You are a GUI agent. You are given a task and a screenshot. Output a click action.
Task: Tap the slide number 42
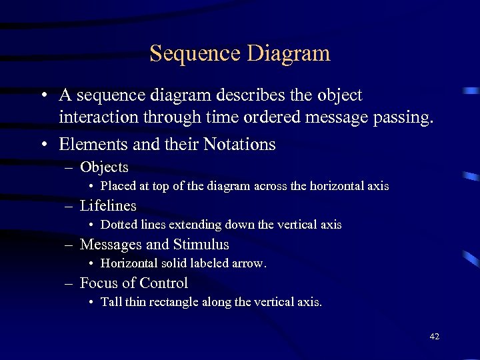tap(434, 337)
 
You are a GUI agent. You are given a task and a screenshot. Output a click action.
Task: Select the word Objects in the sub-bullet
tap(104, 167)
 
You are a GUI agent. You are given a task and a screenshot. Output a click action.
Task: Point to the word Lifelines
tap(108, 206)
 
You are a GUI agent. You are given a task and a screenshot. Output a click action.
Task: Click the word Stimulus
tap(201, 245)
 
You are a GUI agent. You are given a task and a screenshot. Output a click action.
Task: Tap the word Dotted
tap(118, 225)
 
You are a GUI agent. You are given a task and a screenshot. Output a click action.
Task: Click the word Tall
tap(111, 303)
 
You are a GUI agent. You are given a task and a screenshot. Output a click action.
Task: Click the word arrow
tap(251, 264)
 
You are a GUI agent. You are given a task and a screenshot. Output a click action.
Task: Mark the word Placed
tap(118, 187)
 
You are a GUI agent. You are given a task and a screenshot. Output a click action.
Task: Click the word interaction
tap(97, 119)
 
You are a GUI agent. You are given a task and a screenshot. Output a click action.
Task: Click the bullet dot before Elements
tap(43, 145)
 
